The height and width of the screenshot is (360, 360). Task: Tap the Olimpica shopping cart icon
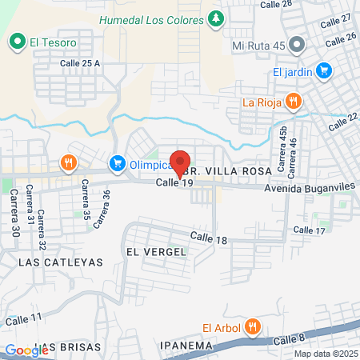117,164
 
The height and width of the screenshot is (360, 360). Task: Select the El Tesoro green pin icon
17,40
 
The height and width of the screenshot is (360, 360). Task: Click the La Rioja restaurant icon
294,102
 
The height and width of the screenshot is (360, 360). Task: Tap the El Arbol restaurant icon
253,326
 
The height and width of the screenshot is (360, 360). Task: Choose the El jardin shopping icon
324,71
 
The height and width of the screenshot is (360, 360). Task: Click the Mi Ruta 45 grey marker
298,44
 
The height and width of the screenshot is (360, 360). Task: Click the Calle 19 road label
175,183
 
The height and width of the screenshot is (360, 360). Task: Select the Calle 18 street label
210,238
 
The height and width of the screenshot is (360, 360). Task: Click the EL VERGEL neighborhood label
156,251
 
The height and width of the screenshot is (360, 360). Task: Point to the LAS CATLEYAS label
49,262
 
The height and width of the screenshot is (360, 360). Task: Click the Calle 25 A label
80,63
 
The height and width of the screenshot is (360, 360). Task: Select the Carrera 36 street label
101,210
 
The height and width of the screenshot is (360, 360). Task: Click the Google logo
26,350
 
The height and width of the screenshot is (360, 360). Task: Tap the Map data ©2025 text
326,354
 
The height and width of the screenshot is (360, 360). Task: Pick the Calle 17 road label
309,230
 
